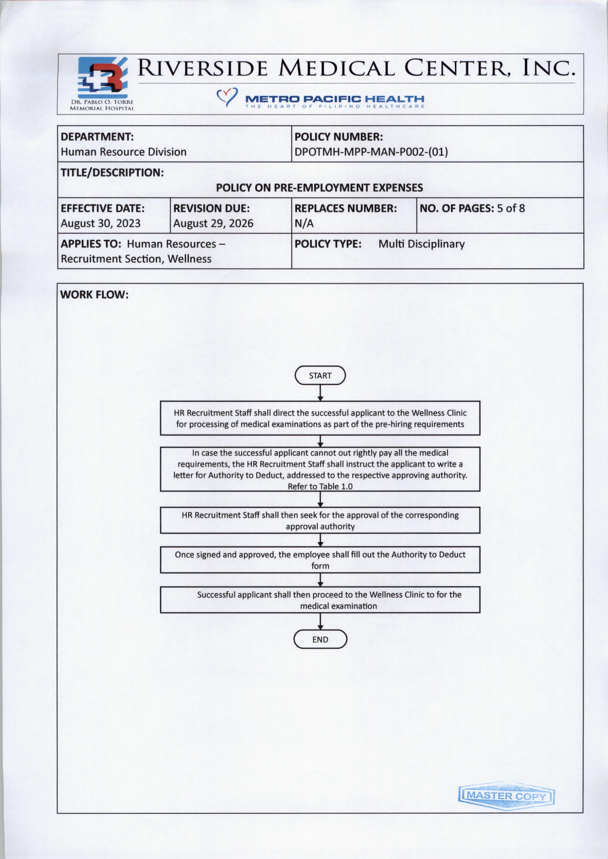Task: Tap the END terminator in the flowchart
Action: point(320,639)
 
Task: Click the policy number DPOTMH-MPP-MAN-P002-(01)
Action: point(371,152)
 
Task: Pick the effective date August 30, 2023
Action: point(100,223)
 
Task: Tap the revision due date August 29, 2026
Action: point(213,223)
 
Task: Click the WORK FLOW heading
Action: point(94,294)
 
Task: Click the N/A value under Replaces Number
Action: point(304,223)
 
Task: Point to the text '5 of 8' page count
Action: point(511,208)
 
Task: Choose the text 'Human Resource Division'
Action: point(124,152)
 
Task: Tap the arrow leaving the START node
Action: point(320,393)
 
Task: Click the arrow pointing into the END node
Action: point(320,622)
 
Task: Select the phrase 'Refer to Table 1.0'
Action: point(320,486)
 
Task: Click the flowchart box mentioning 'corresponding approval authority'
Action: point(320,520)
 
